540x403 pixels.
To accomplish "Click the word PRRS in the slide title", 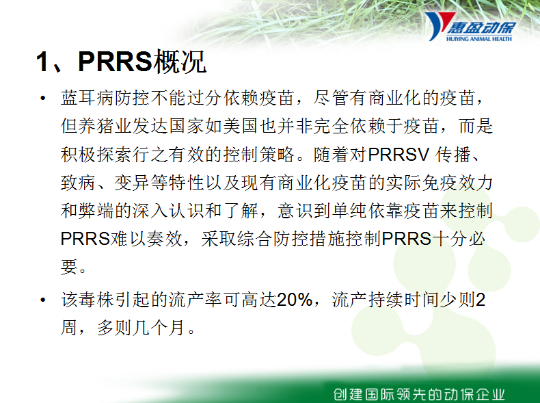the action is click(x=115, y=62).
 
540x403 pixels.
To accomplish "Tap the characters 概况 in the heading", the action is click(x=179, y=62).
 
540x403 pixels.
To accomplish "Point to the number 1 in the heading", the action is click(x=42, y=62).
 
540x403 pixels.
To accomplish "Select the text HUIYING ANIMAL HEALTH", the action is click(x=478, y=39).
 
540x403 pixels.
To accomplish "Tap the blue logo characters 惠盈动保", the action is click(x=481, y=27).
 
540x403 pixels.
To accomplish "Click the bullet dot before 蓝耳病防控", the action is click(x=42, y=99).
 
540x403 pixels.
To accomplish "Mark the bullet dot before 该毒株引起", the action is click(x=42, y=300).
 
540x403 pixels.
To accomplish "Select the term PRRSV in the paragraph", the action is click(x=399, y=155).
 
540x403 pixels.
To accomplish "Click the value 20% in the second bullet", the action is click(x=295, y=300).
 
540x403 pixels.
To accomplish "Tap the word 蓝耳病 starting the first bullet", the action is click(x=87, y=99).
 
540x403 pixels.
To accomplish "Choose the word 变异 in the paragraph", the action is click(x=132, y=183).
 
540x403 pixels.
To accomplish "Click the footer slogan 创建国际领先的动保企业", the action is click(x=420, y=394).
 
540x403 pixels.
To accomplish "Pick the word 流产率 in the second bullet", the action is click(x=195, y=300).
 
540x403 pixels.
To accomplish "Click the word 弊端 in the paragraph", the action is click(x=96, y=211).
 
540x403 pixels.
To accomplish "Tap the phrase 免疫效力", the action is click(x=457, y=183).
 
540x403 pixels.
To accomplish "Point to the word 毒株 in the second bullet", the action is click(x=96, y=300).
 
